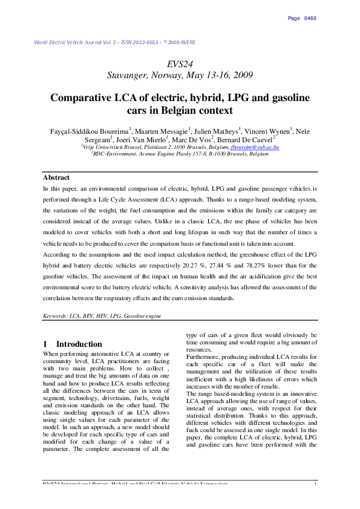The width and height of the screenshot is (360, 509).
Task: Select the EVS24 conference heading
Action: (x=180, y=64)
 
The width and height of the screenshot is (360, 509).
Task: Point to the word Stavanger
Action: (x=128, y=75)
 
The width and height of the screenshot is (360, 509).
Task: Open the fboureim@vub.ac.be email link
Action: (x=255, y=147)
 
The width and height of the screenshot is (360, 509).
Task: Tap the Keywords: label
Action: (x=56, y=316)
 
